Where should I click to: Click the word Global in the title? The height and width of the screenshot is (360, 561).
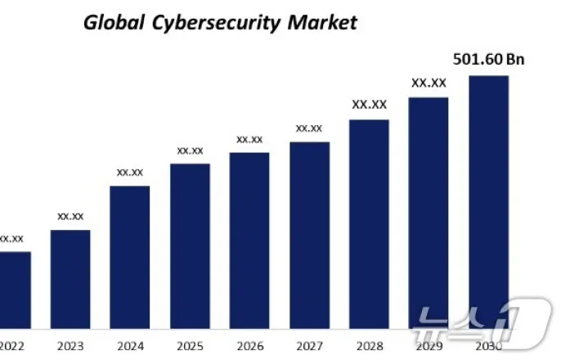point(113,22)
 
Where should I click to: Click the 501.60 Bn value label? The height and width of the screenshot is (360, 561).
point(488,59)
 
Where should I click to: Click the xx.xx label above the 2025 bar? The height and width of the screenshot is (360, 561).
point(190,151)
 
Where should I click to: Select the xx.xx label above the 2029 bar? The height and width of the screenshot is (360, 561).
point(429,83)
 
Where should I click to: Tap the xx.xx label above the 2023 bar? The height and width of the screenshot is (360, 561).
point(70,217)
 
